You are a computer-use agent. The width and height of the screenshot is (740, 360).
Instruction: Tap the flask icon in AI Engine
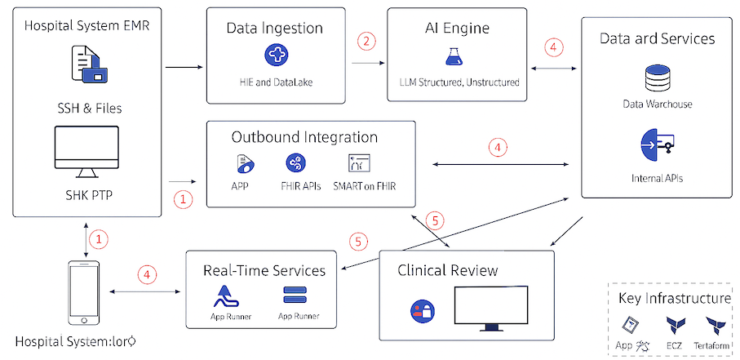tap(454, 56)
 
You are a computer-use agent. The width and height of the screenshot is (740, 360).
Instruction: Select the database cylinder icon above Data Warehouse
tap(657, 78)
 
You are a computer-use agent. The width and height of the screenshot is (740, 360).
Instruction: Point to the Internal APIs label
tap(657, 177)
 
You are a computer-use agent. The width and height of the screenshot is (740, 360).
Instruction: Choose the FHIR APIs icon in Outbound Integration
tap(295, 162)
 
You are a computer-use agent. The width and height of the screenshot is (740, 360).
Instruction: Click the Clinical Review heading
tap(448, 269)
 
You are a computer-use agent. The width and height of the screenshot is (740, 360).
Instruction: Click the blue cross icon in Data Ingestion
tap(277, 56)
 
